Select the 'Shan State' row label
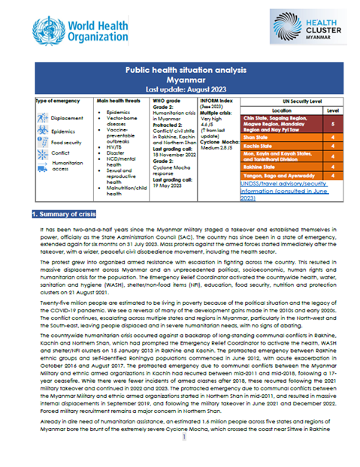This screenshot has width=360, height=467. pos(256,137)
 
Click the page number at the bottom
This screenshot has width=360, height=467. pos(180,459)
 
